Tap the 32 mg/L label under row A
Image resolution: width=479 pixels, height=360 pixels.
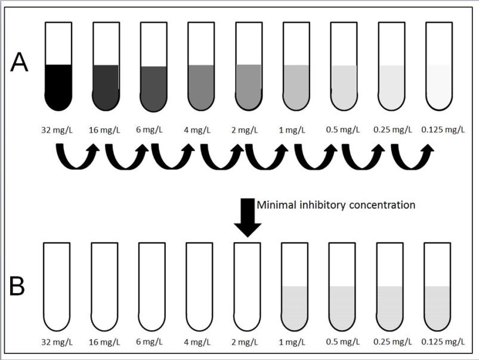coord(58,129)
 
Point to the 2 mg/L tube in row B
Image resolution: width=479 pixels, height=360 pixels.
coord(247,286)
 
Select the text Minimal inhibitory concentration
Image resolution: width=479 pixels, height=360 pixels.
coord(335,204)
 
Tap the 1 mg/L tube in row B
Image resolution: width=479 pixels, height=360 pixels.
coord(295,286)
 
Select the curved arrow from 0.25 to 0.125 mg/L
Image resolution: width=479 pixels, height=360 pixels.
coord(412,158)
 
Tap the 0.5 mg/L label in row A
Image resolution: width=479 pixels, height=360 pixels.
coord(344,129)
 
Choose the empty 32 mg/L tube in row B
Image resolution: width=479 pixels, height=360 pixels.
coord(58,286)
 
